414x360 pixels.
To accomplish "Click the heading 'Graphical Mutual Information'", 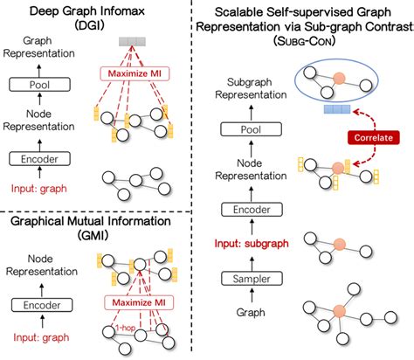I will (89, 221).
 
